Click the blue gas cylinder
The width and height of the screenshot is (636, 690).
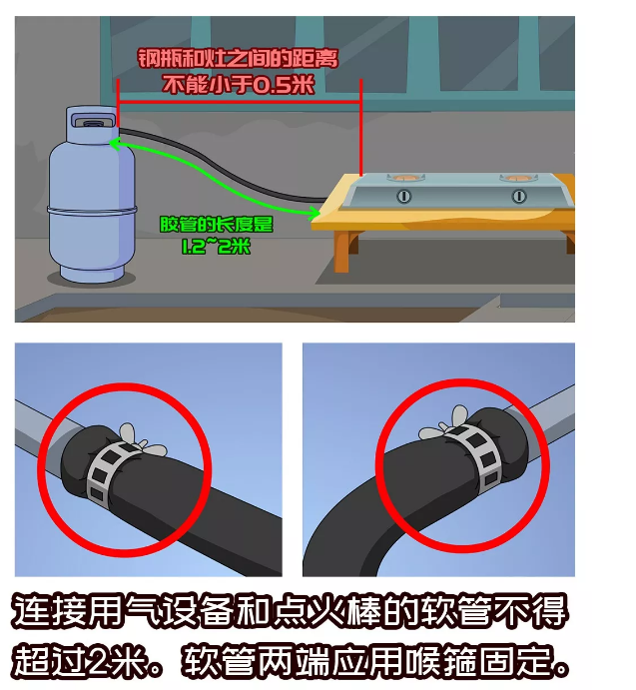pyautogui.click(x=92, y=194)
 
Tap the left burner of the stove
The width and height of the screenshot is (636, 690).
pyautogui.click(x=405, y=178)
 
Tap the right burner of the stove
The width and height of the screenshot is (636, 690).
pyautogui.click(x=518, y=178)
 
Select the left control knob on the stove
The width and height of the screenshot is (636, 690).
pyautogui.click(x=403, y=196)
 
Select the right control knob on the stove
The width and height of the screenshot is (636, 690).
pyautogui.click(x=519, y=196)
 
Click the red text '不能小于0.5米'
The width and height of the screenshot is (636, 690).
pyautogui.click(x=238, y=84)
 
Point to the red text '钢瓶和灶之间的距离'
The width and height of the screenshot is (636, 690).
pyautogui.click(x=238, y=59)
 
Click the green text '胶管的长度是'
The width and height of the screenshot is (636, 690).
pyautogui.click(x=216, y=225)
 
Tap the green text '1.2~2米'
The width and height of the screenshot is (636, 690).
pyautogui.click(x=216, y=246)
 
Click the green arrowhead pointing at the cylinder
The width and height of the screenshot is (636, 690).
pyautogui.click(x=115, y=144)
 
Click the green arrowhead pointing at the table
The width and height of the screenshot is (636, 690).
pyautogui.click(x=315, y=214)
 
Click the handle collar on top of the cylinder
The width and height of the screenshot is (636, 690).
pyautogui.click(x=92, y=118)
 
